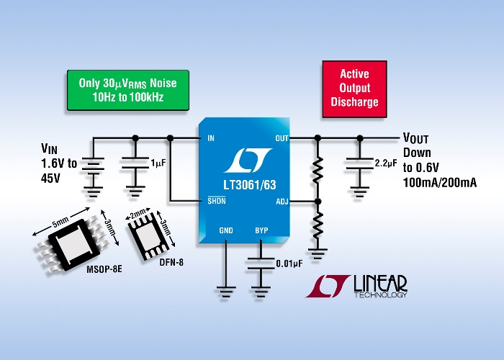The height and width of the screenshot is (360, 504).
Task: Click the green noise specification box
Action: (x=128, y=90)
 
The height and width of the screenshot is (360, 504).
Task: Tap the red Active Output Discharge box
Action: (x=354, y=89)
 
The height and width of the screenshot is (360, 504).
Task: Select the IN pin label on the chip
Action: (x=211, y=138)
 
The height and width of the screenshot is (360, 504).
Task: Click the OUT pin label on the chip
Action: (x=282, y=138)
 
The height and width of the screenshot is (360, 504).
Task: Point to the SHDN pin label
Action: (x=217, y=201)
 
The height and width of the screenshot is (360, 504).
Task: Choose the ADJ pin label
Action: (x=282, y=202)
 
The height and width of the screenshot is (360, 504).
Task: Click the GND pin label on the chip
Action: (x=226, y=230)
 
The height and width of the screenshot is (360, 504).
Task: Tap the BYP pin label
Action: (x=261, y=230)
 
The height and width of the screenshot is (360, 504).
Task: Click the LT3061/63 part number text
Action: (x=250, y=185)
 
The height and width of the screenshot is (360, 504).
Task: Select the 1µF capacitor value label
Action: (x=158, y=163)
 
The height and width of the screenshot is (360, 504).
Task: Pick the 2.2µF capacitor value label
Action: (x=386, y=163)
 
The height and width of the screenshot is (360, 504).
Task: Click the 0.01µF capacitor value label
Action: (x=289, y=264)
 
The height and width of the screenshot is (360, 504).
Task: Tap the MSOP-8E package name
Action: (x=104, y=269)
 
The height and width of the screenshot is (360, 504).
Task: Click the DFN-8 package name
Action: (x=171, y=262)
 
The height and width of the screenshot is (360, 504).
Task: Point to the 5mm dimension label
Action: (x=60, y=222)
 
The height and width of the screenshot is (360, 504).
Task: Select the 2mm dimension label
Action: (x=138, y=213)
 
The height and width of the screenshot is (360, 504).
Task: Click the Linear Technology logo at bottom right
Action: (x=356, y=286)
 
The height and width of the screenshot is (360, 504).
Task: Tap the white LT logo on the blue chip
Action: (x=248, y=160)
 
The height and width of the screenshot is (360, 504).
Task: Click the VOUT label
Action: (x=415, y=138)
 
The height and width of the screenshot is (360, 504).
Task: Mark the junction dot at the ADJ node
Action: (x=318, y=202)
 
